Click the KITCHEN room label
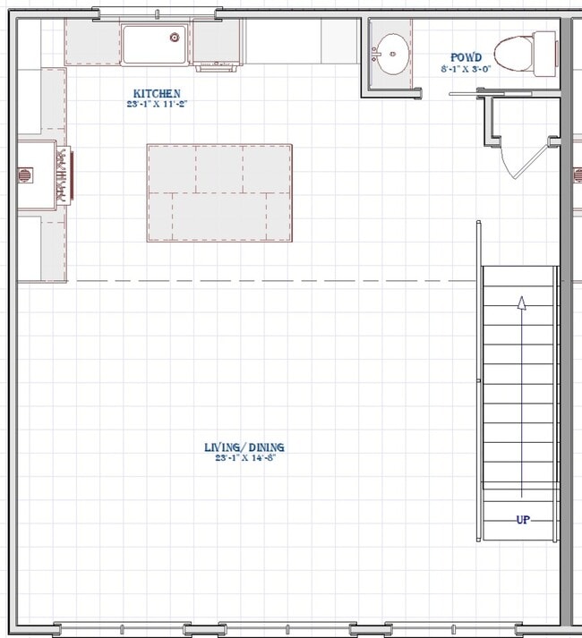157,93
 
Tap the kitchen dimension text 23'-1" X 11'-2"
157,104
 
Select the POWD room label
466,57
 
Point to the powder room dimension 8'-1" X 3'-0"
466,68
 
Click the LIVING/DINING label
244,447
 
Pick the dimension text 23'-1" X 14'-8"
244,457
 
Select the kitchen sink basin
154,45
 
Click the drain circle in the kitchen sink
175,37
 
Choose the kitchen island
219,192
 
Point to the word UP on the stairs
522,520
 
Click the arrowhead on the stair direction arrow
522,303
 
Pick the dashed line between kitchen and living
269,281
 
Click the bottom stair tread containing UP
519,522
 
